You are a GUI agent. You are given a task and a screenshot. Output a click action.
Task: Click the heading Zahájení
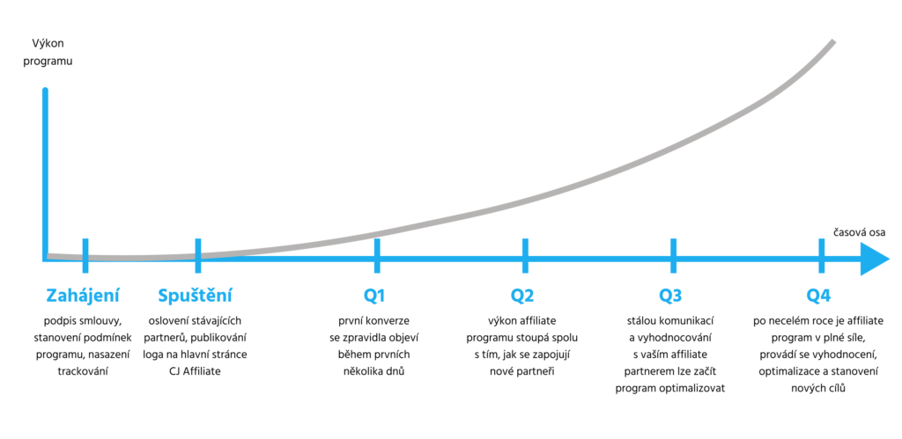click(83, 296)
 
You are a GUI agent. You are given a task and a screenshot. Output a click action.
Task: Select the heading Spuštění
click(195, 296)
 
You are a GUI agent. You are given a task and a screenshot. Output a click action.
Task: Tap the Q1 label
click(373, 296)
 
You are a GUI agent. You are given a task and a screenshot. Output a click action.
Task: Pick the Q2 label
click(522, 296)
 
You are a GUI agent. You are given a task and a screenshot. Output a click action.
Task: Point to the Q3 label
click(670, 296)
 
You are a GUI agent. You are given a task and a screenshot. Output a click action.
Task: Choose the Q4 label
click(818, 296)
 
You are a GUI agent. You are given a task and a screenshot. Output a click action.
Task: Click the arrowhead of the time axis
click(875, 257)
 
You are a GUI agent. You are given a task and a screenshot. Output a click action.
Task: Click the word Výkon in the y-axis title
click(48, 43)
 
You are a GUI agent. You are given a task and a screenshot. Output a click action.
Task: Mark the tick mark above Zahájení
click(85, 255)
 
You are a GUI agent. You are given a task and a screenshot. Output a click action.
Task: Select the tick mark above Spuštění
click(198, 255)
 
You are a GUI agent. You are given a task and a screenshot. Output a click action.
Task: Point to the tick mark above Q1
click(377, 255)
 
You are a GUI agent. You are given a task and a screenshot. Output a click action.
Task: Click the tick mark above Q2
click(525, 255)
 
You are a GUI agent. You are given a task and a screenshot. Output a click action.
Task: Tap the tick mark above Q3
click(673, 255)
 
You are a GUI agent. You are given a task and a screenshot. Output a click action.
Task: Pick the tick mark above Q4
click(821, 255)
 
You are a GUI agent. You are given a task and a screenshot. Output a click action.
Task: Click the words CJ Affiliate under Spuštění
click(195, 370)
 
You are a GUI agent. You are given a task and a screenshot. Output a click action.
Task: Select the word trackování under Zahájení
click(84, 370)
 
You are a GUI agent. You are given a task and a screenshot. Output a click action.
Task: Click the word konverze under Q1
click(388, 320)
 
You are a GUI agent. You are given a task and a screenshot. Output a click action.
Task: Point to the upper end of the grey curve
click(833, 42)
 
